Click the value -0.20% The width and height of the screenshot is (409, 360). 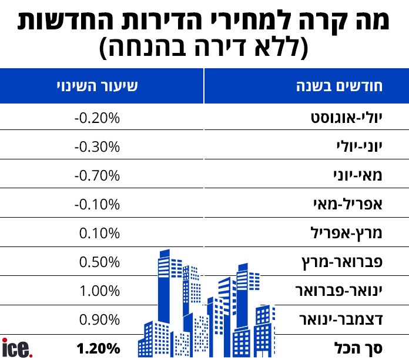tap(97, 118)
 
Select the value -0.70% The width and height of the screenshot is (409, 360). tap(97, 175)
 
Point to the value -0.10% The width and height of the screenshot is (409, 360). tap(97, 204)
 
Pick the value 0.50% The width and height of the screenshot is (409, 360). tap(99, 262)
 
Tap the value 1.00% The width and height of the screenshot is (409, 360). tap(99, 291)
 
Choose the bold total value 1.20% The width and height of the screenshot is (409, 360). tap(98, 348)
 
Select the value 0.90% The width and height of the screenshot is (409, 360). tap(99, 319)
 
